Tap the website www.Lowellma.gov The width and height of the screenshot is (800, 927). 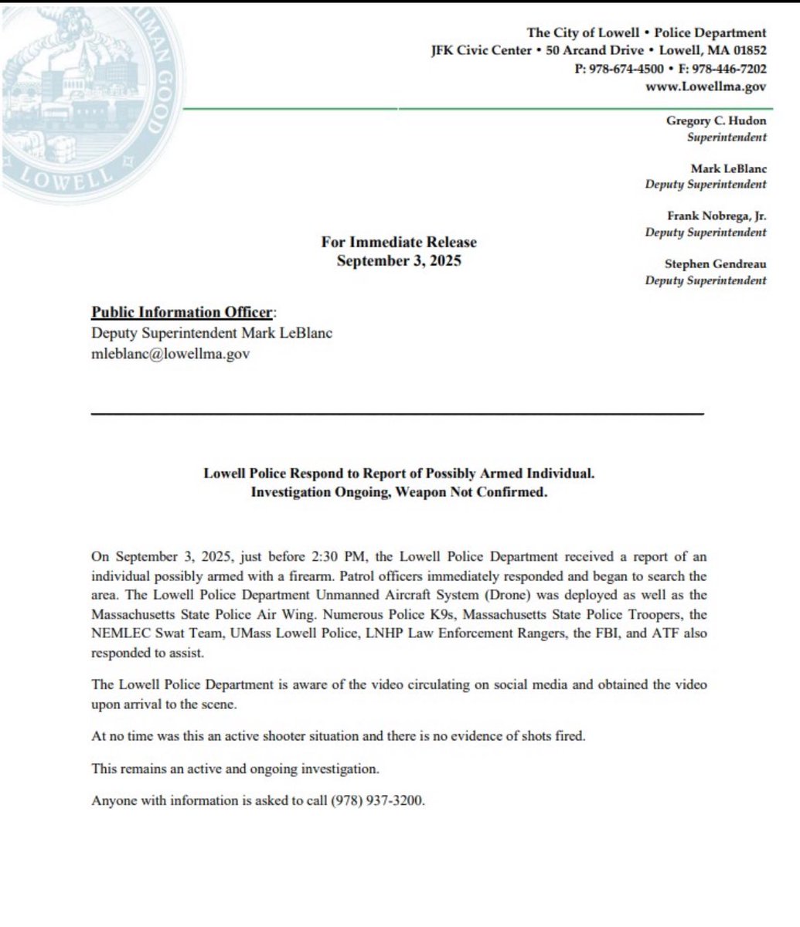[x=706, y=87]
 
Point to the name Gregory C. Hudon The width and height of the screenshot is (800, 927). [x=716, y=122]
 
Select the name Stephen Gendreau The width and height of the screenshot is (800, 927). [x=716, y=264]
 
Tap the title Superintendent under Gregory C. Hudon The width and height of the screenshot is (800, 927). [x=727, y=138]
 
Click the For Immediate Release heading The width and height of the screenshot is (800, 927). [x=399, y=243]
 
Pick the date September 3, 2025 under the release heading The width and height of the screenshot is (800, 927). [x=399, y=260]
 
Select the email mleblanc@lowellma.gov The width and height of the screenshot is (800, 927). [x=171, y=355]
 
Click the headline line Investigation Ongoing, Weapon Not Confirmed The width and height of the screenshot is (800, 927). [x=399, y=492]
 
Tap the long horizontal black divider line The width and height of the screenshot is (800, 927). [x=397, y=415]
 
